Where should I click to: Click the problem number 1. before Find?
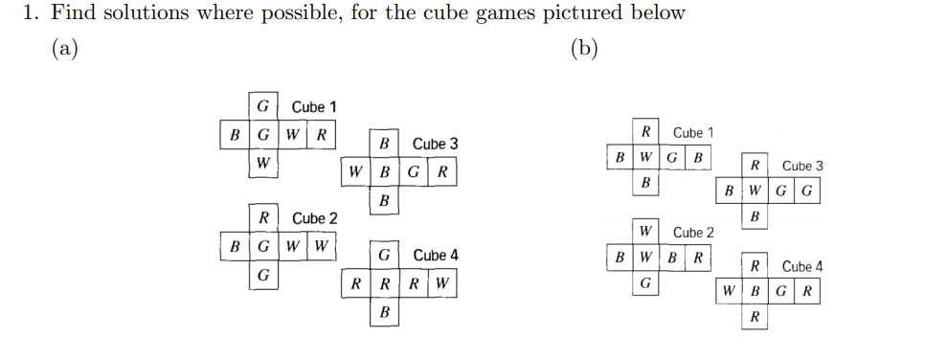31,13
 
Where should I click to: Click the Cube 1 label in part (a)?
314,107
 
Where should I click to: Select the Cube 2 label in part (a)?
314,219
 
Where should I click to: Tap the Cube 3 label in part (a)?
435,145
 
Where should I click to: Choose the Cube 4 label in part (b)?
802,267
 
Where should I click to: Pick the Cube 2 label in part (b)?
693,233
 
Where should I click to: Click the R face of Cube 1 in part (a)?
322,134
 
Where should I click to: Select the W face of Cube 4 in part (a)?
441,283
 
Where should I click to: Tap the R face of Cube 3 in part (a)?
441,173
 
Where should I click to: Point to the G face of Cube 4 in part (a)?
384,256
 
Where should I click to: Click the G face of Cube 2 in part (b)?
645,283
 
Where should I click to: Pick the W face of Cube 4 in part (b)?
731,290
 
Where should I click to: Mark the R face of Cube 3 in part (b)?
756,166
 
